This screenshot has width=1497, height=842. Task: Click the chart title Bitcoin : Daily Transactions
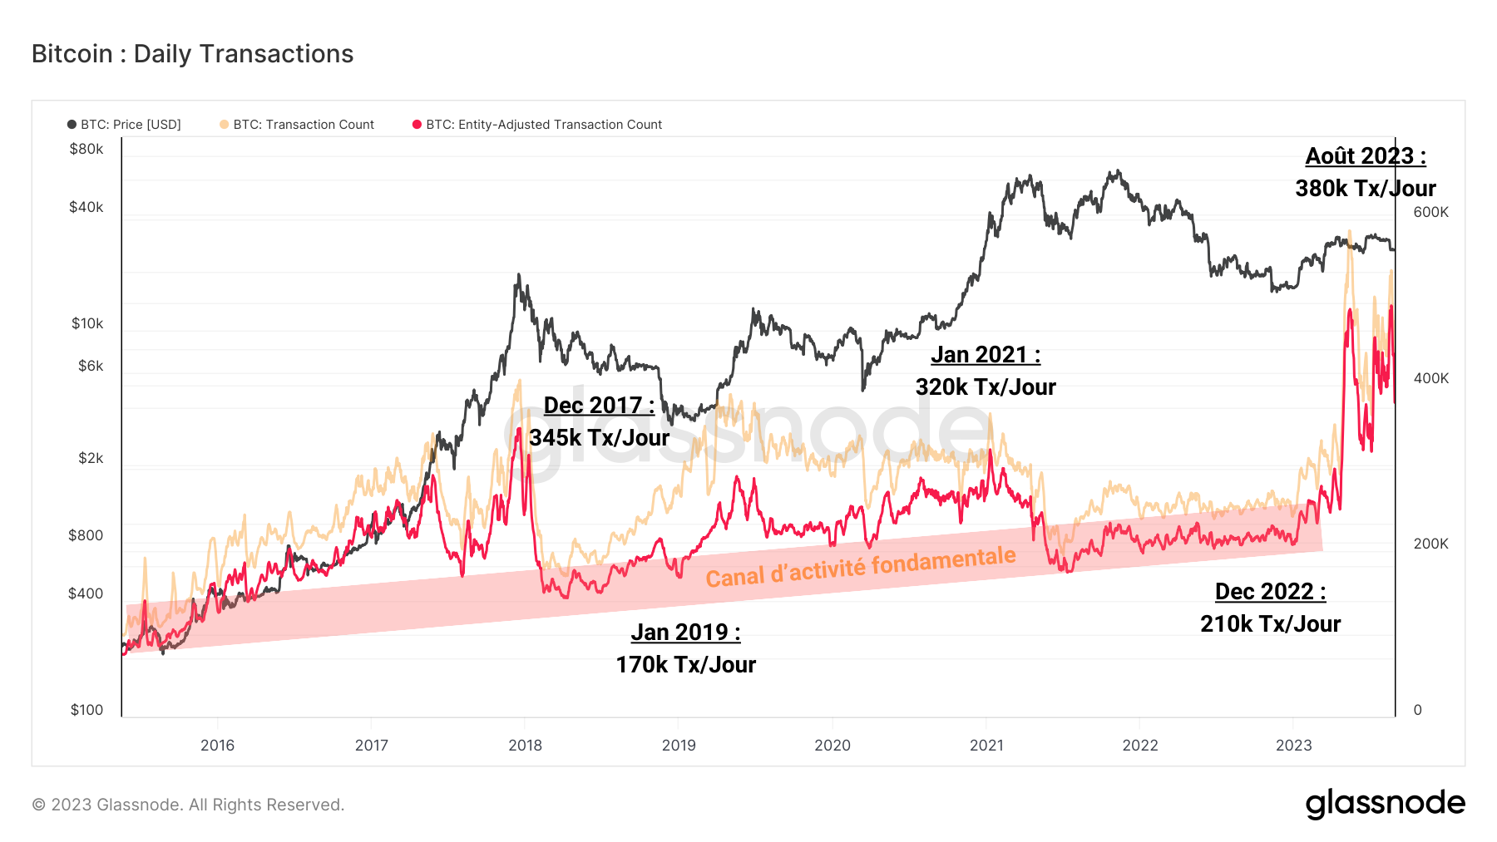point(192,54)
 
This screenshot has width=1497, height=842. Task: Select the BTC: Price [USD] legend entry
point(125,125)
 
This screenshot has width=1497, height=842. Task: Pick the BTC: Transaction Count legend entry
point(297,125)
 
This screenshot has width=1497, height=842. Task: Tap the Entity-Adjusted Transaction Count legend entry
point(537,125)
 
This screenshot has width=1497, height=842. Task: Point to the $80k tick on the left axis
point(86,150)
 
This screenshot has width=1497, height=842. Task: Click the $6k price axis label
point(91,366)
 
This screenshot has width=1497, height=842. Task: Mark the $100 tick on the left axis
point(86,710)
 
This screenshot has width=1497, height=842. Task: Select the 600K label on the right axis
point(1430,212)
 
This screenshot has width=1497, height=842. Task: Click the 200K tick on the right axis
point(1430,544)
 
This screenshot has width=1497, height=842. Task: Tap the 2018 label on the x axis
point(525,746)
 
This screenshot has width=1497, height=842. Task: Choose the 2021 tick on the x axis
point(986,746)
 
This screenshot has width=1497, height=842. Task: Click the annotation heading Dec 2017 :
point(599,406)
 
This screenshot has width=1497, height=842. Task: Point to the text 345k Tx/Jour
point(599,438)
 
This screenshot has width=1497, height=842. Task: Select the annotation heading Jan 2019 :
point(685,633)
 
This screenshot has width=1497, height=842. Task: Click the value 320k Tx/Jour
point(986,387)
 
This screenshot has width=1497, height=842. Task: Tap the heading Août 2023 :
point(1365,156)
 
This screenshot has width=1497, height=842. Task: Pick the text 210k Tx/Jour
point(1270,624)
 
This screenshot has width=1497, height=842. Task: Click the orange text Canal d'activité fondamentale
point(861,567)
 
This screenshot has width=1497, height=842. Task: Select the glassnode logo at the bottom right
point(1385,804)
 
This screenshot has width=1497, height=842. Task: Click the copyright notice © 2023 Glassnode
point(188,805)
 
